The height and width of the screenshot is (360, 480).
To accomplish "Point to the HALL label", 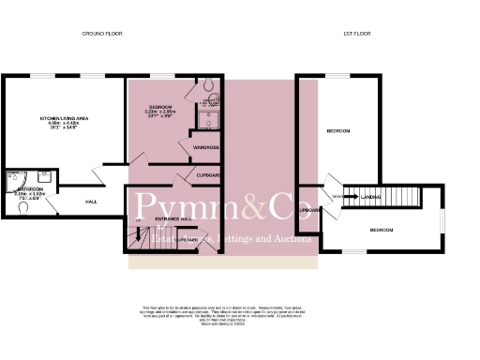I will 91,202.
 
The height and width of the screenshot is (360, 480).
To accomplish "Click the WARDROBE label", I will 205,148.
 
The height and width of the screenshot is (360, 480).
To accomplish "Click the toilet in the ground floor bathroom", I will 22,209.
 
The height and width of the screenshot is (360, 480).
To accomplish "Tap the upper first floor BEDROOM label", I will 337,131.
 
